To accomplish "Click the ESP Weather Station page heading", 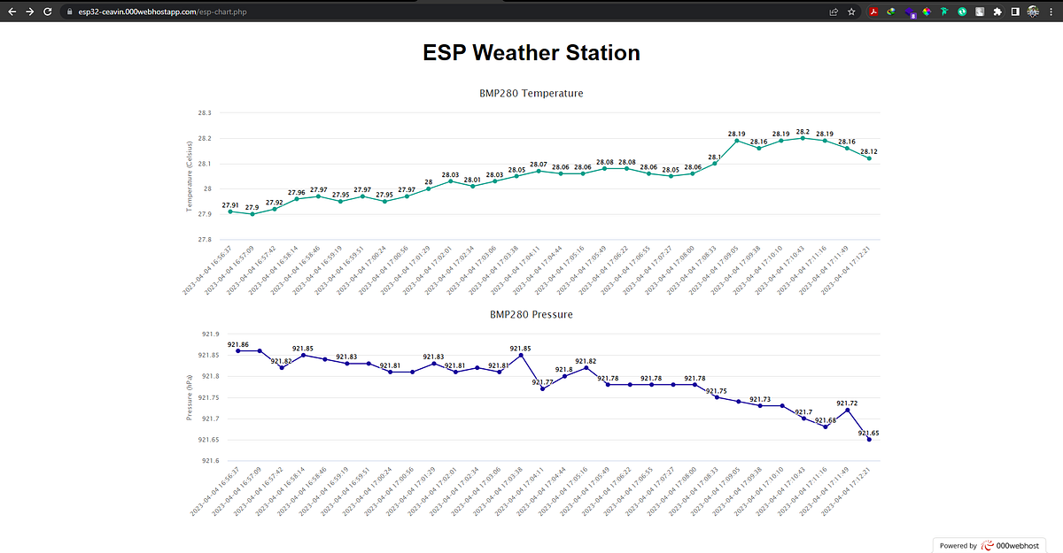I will tap(531, 53).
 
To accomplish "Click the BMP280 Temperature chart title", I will tap(531, 93).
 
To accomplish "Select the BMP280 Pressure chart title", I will tap(531, 314).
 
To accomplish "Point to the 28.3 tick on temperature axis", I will tap(204, 113).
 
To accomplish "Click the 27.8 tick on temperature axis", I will tap(204, 239).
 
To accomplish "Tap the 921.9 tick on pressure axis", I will tap(209, 334).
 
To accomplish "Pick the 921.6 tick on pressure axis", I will tap(209, 461).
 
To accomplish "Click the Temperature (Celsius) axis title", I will tap(189, 177).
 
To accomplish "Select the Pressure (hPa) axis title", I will tap(189, 397).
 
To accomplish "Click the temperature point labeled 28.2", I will tap(803, 138).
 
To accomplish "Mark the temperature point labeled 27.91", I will tap(230, 211).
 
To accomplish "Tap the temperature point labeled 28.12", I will tap(869, 158).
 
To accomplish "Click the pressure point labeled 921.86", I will tap(237, 351).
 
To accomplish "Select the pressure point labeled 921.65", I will tap(869, 440).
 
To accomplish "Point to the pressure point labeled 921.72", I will tap(848, 410).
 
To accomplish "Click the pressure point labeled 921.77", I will tap(542, 388).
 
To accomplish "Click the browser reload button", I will tap(52, 12).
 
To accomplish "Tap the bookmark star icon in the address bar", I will tap(851, 12).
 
